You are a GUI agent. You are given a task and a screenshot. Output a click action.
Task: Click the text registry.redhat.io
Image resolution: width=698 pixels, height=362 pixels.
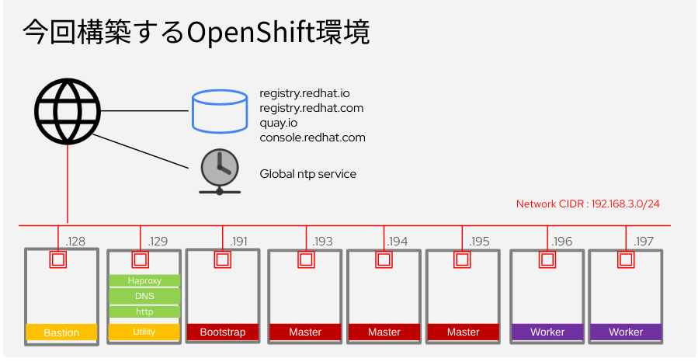click(305, 93)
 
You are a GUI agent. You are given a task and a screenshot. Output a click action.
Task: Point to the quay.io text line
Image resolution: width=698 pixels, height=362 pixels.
click(279, 123)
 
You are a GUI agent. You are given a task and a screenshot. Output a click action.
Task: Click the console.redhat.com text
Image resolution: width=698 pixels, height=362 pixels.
click(312, 137)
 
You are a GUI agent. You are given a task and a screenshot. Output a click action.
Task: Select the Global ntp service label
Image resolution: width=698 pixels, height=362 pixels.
click(307, 174)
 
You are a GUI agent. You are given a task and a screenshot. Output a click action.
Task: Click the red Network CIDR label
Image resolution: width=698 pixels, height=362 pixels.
click(588, 204)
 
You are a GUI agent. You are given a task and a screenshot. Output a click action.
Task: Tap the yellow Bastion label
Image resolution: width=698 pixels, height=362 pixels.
click(62, 332)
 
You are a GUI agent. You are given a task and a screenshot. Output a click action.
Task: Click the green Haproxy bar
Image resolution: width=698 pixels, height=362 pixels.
click(144, 280)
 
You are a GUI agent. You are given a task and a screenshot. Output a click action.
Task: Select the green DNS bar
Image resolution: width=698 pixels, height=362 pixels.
click(144, 296)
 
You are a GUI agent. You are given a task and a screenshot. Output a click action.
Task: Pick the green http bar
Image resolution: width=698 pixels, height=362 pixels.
click(144, 312)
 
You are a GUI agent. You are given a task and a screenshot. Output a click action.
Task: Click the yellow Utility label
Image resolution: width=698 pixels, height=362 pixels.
click(144, 332)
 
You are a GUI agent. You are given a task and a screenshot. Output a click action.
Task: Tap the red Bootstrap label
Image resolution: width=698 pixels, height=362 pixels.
click(223, 332)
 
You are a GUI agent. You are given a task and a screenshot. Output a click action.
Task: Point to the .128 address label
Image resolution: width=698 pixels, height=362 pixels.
click(76, 242)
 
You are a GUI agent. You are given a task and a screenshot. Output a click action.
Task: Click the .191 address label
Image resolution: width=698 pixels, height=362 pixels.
click(238, 242)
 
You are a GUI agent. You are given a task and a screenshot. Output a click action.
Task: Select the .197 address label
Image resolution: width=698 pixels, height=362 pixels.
click(644, 242)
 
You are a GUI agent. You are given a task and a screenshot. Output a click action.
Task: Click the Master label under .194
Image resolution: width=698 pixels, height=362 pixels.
click(384, 332)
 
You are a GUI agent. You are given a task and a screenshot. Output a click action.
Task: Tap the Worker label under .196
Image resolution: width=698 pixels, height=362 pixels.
click(547, 332)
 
